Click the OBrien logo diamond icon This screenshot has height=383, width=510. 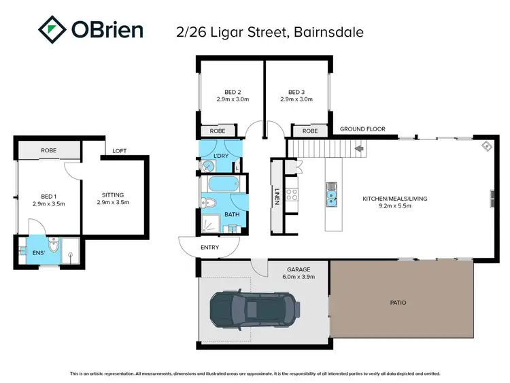click(x=52, y=30)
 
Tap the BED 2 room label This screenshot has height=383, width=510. click(x=234, y=93)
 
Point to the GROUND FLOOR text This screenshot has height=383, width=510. click(x=362, y=129)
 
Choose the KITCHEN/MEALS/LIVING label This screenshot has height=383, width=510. click(x=394, y=199)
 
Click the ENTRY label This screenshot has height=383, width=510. click(x=210, y=247)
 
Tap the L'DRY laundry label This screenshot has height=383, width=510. click(x=220, y=156)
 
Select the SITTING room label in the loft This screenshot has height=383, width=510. click(x=113, y=194)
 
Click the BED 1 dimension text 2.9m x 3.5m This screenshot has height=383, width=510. click(x=48, y=203)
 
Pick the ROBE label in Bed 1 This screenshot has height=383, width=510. click(x=48, y=150)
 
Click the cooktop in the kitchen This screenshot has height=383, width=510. click(x=291, y=195)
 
